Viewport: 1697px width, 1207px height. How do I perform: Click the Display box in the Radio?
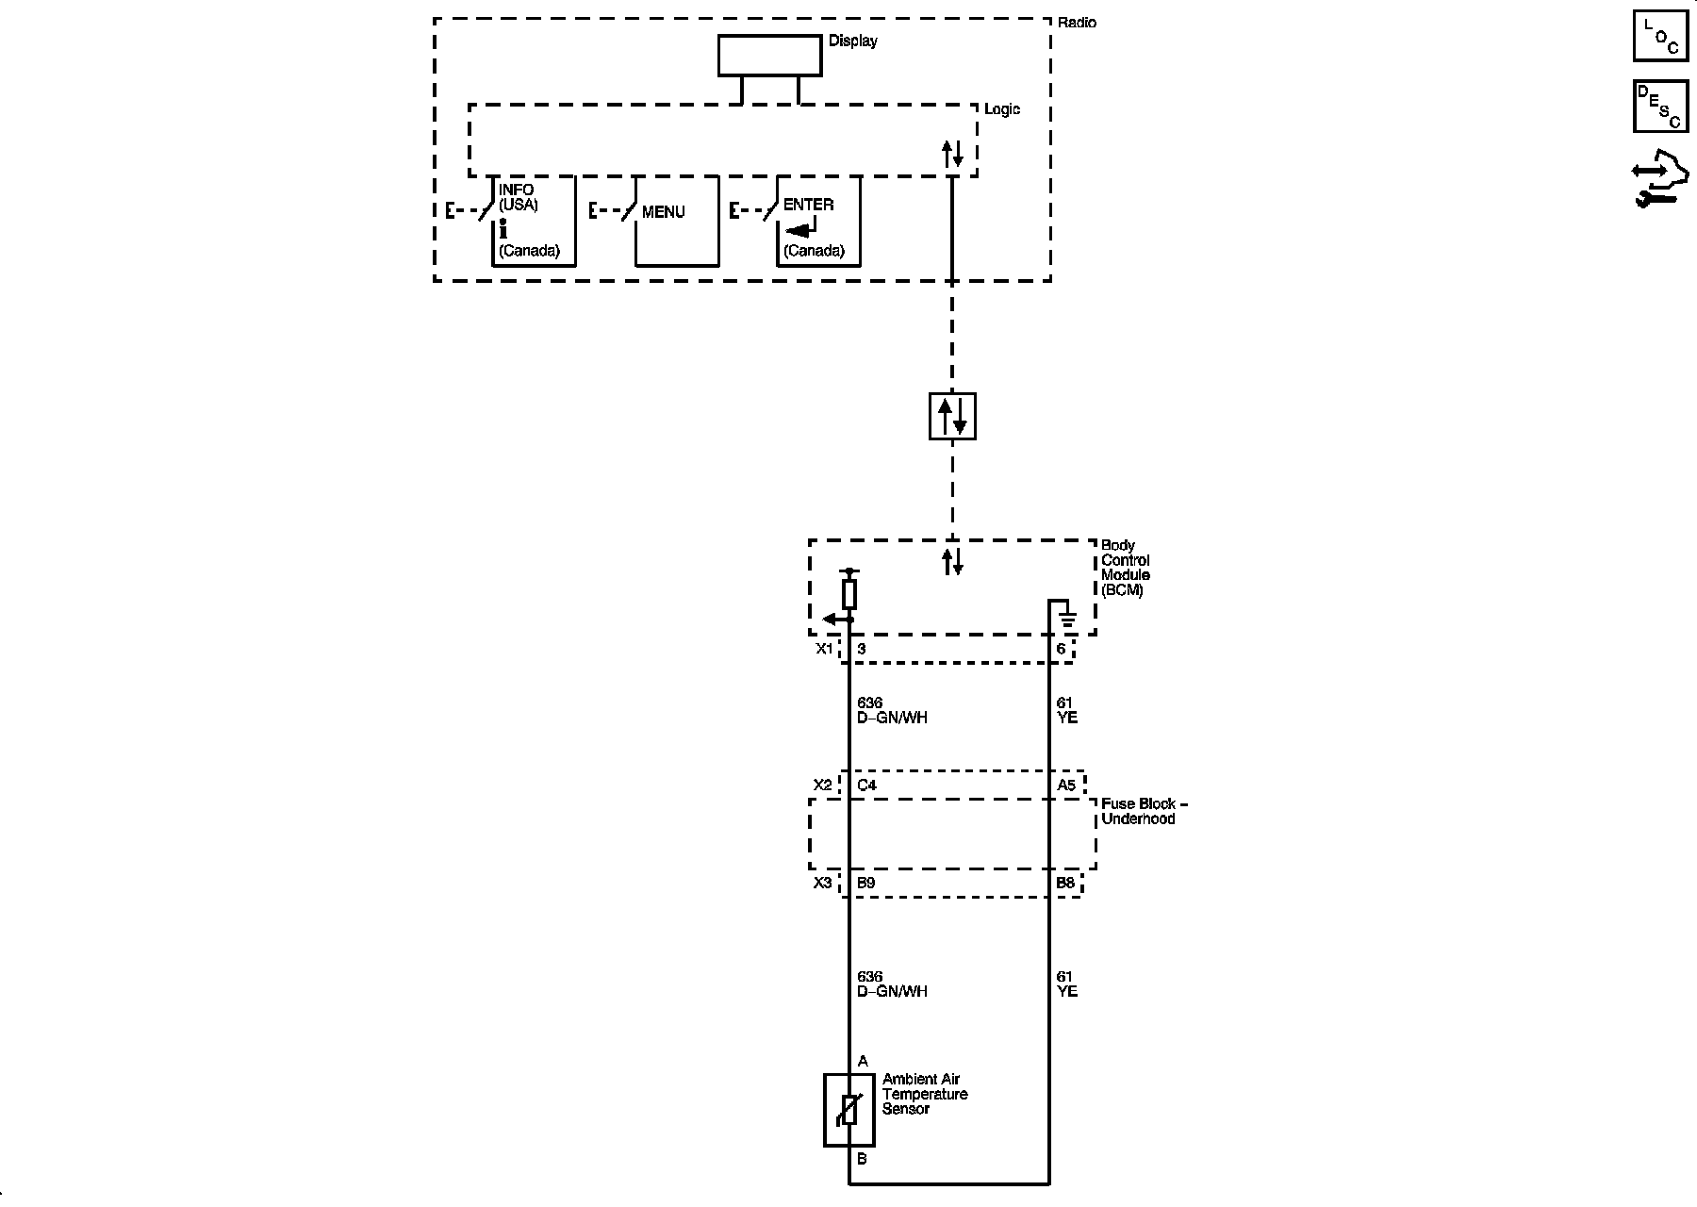769,56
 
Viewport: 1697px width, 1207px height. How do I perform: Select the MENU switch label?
663,212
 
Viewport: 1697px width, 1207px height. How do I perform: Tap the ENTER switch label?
808,205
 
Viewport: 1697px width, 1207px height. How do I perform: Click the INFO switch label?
516,190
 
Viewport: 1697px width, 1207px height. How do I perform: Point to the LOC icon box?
1660,36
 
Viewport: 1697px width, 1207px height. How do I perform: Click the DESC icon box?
1660,107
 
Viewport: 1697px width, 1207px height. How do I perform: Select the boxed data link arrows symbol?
952,416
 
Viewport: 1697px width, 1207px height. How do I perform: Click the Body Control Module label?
1125,568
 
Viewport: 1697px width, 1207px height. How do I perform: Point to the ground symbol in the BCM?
1067,620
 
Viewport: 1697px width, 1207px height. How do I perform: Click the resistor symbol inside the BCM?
849,594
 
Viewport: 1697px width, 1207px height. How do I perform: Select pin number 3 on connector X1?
861,650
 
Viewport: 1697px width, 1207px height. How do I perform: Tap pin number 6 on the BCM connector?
1061,650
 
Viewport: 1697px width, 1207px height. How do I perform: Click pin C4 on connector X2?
866,785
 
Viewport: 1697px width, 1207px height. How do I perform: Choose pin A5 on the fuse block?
1065,785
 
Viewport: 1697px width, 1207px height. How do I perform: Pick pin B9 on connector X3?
865,884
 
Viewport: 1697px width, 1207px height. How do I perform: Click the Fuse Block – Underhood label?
1144,811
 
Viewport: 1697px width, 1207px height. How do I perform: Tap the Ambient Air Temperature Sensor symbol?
848,1110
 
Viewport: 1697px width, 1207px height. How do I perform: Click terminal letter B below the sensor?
862,1159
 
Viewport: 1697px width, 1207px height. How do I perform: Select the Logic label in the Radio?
1001,109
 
